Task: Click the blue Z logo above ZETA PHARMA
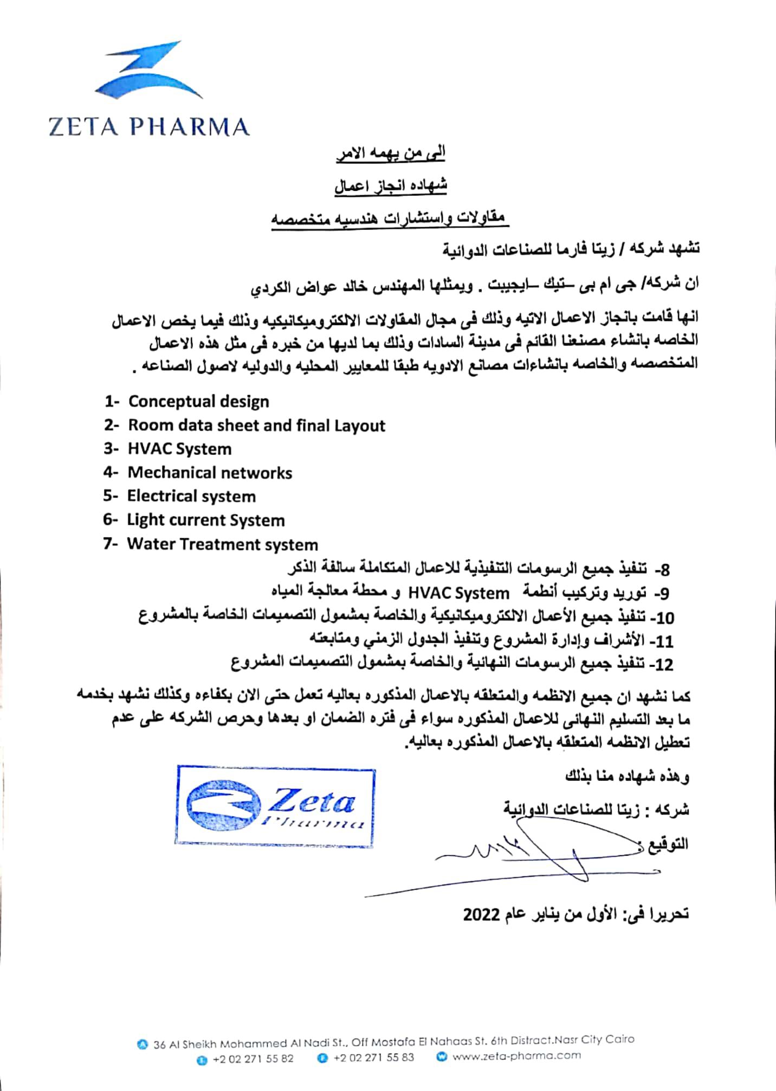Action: coord(147,70)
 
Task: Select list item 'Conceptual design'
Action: coord(198,402)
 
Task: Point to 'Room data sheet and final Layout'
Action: coord(256,426)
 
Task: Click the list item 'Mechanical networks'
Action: coord(210,473)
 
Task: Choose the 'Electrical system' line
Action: coord(191,497)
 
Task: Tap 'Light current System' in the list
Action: coord(205,521)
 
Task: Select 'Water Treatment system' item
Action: coord(222,544)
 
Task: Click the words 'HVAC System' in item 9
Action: coord(458,594)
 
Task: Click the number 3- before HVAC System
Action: coord(111,450)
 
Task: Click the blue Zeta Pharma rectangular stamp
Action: coord(275,806)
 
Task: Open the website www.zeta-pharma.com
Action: coord(516,1056)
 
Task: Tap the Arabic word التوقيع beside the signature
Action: coord(668,844)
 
